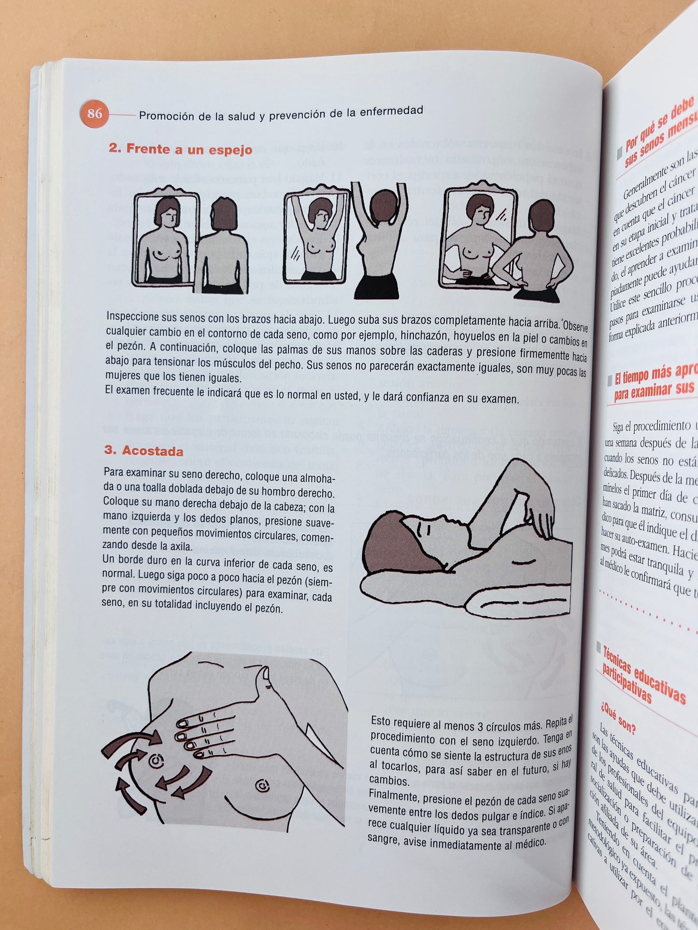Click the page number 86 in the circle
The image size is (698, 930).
pos(95,114)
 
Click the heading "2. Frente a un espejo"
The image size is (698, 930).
pos(180,149)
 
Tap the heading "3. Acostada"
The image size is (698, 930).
pos(144,451)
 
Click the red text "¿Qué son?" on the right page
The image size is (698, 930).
pos(618,718)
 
